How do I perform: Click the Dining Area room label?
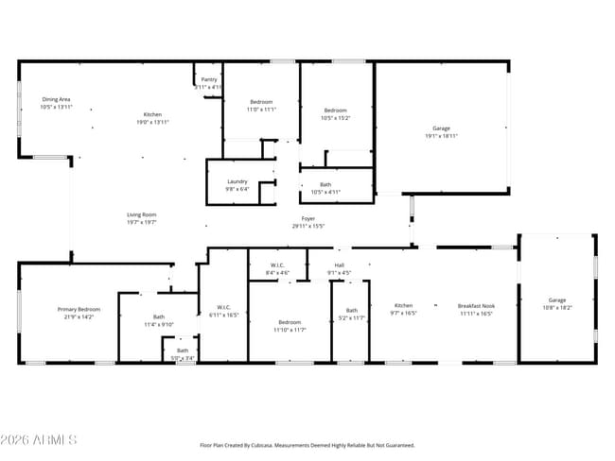pyautogui.click(x=56, y=99)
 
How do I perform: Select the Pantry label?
pyautogui.click(x=208, y=80)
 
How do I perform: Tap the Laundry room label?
pyautogui.click(x=237, y=181)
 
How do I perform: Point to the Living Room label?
pyautogui.click(x=141, y=214)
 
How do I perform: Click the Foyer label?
pyautogui.click(x=308, y=218)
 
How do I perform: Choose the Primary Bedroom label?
pyautogui.click(x=79, y=309)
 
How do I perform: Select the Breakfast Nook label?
pyautogui.click(x=476, y=305)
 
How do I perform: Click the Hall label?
pyautogui.click(x=339, y=265)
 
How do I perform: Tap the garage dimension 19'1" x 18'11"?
pyautogui.click(x=441, y=136)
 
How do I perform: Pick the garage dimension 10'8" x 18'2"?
pyautogui.click(x=557, y=308)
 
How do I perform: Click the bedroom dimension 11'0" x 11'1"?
pyautogui.click(x=262, y=110)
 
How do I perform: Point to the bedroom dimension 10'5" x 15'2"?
pyautogui.click(x=336, y=118)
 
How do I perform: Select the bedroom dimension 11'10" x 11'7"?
pyautogui.click(x=290, y=330)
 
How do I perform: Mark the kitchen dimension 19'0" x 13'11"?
pyautogui.click(x=152, y=122)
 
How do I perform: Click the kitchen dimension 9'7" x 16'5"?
pyautogui.click(x=403, y=313)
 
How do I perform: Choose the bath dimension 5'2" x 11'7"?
pyautogui.click(x=352, y=317)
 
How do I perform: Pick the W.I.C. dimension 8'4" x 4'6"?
pyautogui.click(x=278, y=273)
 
